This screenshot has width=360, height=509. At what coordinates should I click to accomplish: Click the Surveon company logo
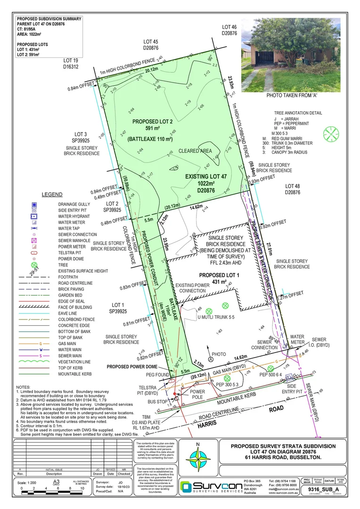click(x=208, y=488)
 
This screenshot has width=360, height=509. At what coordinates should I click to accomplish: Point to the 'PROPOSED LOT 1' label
click(x=220, y=275)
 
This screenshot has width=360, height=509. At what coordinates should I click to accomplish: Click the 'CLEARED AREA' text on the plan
click(x=195, y=151)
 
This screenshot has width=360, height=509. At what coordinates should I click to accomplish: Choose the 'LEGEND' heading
click(x=52, y=194)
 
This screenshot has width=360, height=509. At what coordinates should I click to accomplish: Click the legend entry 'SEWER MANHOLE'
click(x=77, y=240)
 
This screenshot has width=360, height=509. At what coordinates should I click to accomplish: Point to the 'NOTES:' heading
click(x=24, y=386)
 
